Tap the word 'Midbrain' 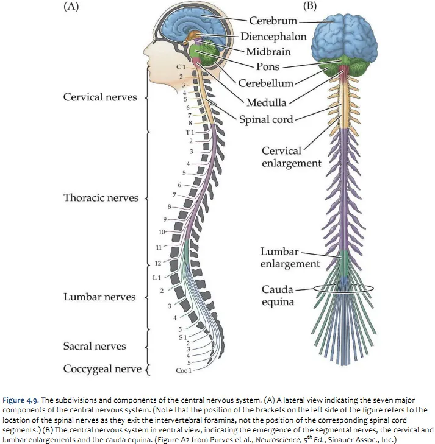tap(268, 52)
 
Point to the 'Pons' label tap(267, 67)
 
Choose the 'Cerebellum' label tap(266, 83)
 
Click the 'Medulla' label tap(267, 102)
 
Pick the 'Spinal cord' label tap(266, 119)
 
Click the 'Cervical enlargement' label tap(291, 157)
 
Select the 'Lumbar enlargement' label tap(290, 258)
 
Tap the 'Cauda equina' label tap(278, 295)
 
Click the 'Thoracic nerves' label tap(101, 198)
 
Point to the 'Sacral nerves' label tap(95, 346)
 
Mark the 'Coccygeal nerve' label tap(102, 369)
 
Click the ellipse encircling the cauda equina tap(371, 288)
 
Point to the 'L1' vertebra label tap(156, 277)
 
